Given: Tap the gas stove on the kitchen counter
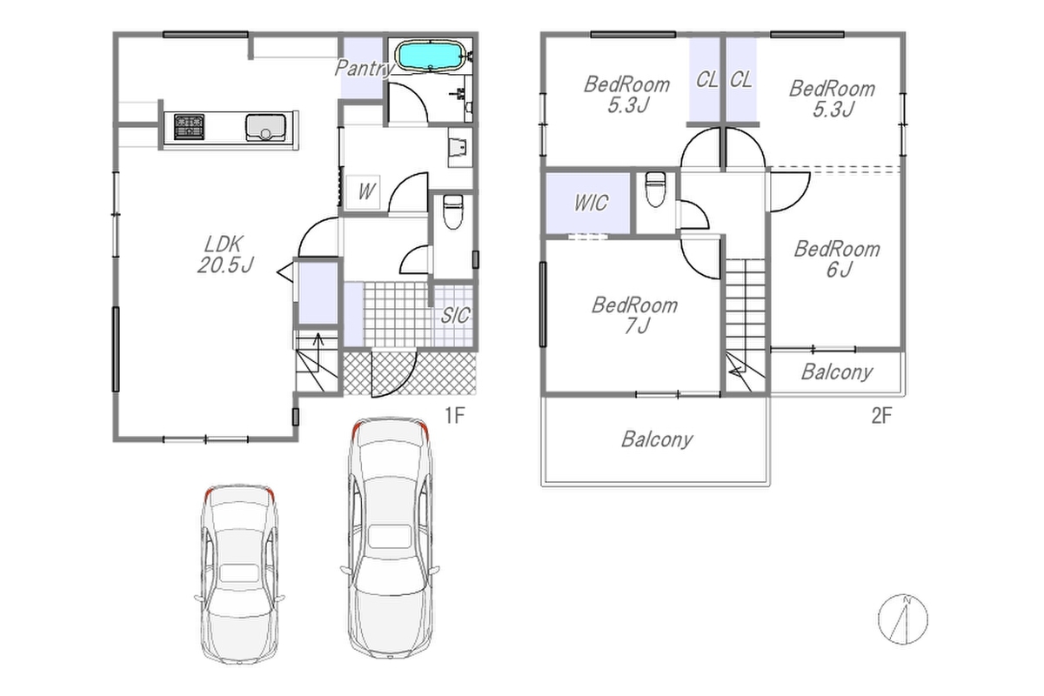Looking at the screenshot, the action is click(x=190, y=127).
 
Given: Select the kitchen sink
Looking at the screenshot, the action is click(x=265, y=127).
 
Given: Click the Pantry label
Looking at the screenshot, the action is click(x=365, y=69).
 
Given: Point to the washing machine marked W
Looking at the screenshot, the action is click(x=363, y=191).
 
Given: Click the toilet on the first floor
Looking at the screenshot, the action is click(x=452, y=211).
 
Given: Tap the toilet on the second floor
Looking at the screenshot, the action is click(x=655, y=190).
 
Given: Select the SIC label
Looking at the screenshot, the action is click(x=455, y=316).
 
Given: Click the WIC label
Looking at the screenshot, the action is click(x=591, y=203).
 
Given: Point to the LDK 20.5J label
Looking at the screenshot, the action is click(x=225, y=255).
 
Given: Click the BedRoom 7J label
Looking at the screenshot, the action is click(x=635, y=316).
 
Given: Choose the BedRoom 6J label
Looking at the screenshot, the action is click(x=838, y=259).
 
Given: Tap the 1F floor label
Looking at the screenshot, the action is click(x=454, y=415).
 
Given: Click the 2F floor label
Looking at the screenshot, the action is click(x=881, y=415).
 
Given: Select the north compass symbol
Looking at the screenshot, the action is click(x=903, y=619).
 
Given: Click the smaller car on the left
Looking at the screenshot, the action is click(x=239, y=574).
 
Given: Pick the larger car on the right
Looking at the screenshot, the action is click(x=390, y=538).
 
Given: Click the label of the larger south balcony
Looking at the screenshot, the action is click(x=657, y=439).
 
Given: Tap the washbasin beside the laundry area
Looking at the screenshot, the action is click(x=459, y=146).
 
